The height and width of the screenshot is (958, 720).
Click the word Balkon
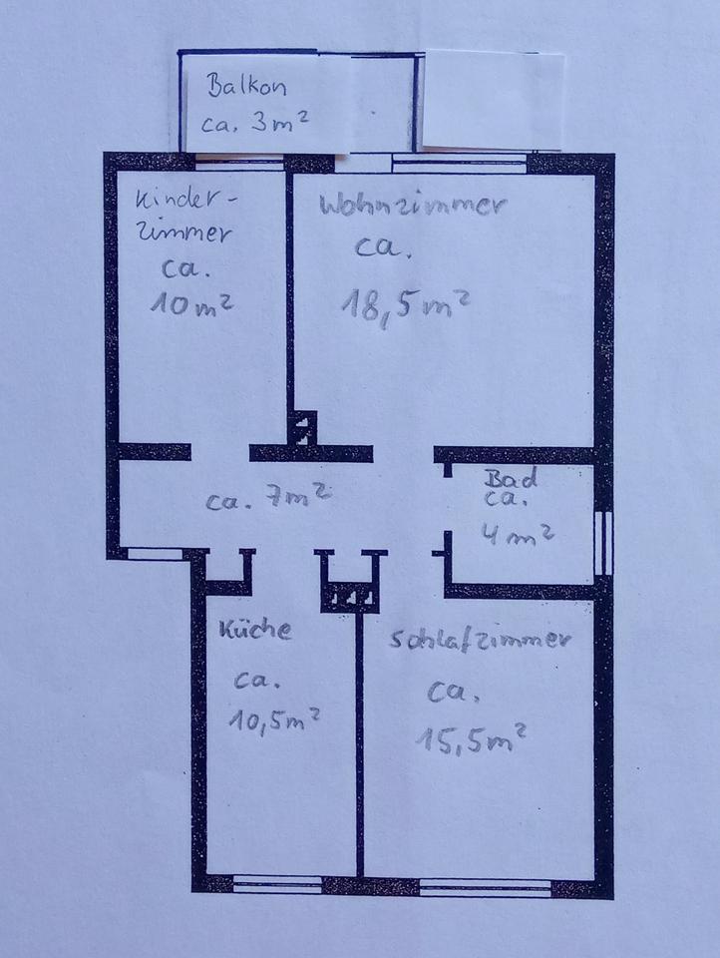tap(246, 86)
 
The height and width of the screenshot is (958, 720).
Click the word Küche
tap(255, 630)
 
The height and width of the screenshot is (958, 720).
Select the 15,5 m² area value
tap(470, 737)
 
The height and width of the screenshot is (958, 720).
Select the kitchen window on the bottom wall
tap(276, 881)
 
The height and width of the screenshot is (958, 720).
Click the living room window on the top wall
tap(459, 160)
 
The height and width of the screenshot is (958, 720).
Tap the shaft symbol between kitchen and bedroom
tap(352, 596)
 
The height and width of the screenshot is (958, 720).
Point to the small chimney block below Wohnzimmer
tap(303, 429)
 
